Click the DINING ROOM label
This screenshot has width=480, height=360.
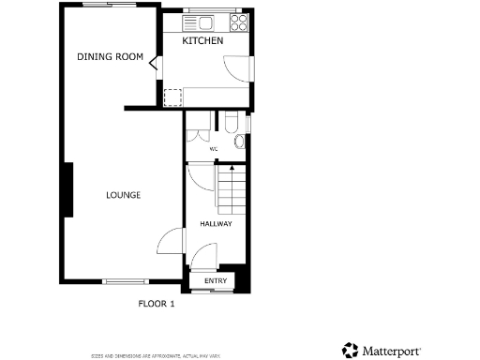110,57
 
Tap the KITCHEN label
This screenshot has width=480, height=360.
202,42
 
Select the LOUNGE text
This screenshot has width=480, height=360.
123,195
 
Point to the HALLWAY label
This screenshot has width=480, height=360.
216,223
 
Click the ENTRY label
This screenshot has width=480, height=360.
216,281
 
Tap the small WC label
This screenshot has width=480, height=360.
213,149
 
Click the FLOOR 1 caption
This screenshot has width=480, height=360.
157,304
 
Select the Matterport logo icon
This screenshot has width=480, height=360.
350,350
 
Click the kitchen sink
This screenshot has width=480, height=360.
200,21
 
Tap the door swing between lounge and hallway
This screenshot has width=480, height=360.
169,243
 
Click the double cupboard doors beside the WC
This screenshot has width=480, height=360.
198,133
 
